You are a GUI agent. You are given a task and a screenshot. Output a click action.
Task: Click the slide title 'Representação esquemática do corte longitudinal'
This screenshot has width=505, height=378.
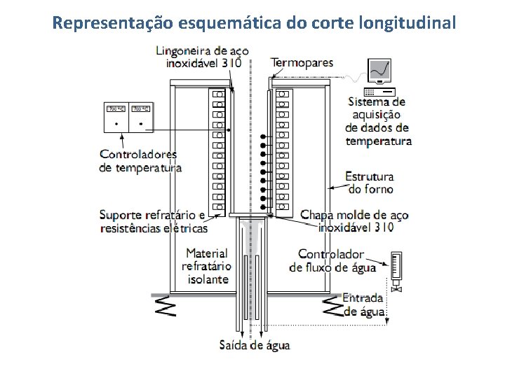point(254,22)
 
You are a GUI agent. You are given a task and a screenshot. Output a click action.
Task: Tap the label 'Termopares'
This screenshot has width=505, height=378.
point(302,63)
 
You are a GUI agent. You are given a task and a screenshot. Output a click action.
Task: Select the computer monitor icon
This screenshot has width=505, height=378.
point(379,71)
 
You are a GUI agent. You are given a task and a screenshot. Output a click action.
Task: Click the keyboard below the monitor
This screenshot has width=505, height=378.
point(379,92)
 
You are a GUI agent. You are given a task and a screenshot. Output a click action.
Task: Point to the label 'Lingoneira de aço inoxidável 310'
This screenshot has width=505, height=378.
point(203,57)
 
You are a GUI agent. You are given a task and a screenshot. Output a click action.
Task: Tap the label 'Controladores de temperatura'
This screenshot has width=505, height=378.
point(140,161)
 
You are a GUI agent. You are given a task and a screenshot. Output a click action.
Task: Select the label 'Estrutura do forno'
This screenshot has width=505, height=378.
point(370,183)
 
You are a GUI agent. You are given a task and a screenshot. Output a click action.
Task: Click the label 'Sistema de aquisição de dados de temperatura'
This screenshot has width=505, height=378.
point(379,122)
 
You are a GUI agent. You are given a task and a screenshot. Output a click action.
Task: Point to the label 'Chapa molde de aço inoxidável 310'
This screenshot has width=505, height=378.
point(354,221)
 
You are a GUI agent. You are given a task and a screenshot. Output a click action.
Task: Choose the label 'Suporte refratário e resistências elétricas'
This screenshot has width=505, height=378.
point(153,221)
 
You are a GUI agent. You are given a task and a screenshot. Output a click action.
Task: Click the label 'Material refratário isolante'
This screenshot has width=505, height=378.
point(207,266)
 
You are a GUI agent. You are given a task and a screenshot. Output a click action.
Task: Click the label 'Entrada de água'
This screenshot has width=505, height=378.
point(364,304)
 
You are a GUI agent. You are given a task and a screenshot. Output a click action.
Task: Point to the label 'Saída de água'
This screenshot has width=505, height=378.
point(254,345)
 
